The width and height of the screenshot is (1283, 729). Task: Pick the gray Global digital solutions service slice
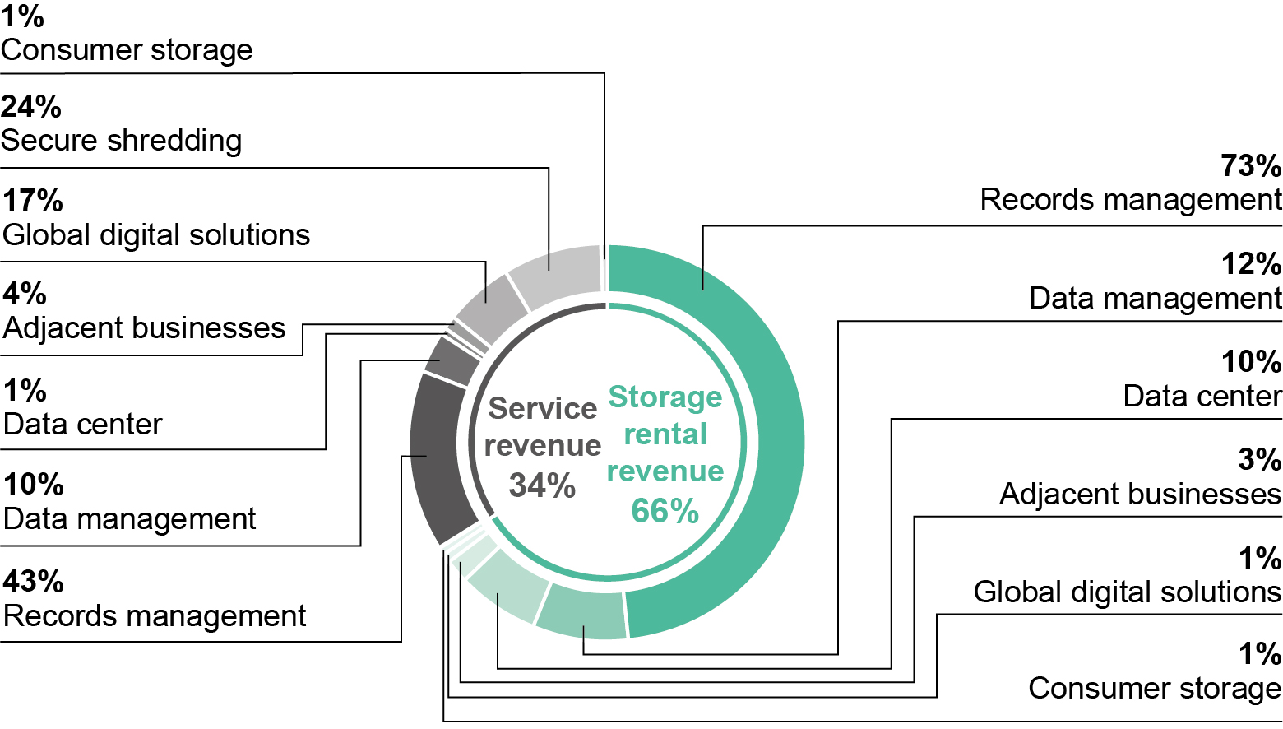click(489, 307)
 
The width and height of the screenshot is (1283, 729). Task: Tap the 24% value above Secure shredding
click(31, 107)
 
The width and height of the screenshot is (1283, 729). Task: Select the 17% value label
click(33, 201)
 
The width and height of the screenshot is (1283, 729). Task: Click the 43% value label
click(33, 582)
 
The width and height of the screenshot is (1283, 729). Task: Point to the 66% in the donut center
click(665, 510)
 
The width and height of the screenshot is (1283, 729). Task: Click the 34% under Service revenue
click(542, 485)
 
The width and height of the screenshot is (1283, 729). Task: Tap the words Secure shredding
click(122, 141)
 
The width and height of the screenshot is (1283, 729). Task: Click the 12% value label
click(1251, 264)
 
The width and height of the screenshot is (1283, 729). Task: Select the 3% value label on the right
click(1259, 460)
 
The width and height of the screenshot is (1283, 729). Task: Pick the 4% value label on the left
click(25, 294)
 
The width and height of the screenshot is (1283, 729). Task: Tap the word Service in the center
click(543, 409)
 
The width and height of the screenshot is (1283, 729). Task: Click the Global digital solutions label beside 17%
click(156, 235)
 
